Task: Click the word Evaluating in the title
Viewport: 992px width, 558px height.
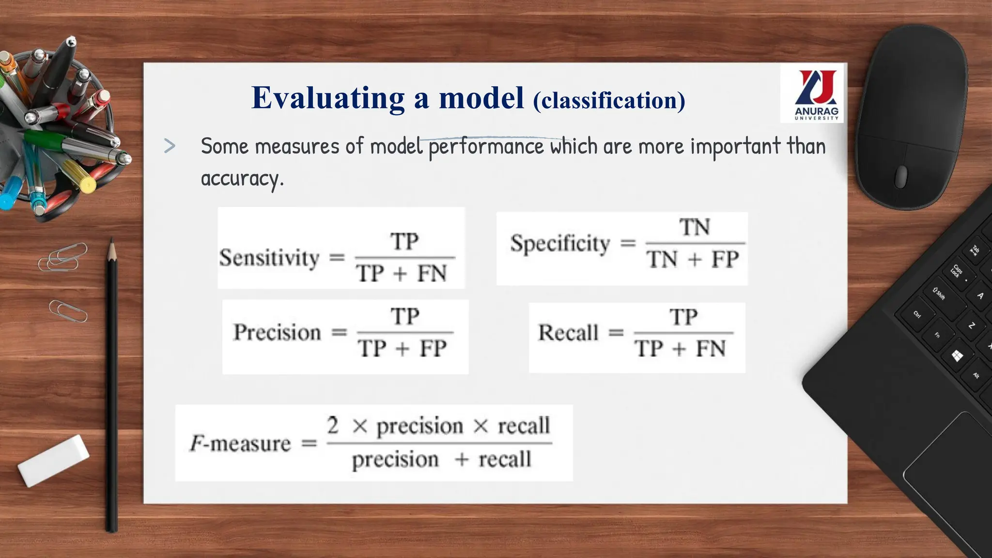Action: pos(328,98)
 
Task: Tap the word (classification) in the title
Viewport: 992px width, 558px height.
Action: pos(609,101)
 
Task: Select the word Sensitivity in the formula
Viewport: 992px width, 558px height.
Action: pos(269,258)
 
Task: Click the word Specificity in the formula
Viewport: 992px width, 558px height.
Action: pos(560,243)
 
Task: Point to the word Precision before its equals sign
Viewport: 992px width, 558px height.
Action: pos(277,333)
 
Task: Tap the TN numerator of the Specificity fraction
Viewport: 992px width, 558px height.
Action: pos(694,227)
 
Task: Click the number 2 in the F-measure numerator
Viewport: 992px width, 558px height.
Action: pos(333,425)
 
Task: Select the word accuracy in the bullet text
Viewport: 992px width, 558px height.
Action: pos(241,179)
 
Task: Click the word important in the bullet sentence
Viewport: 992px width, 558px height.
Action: pos(735,146)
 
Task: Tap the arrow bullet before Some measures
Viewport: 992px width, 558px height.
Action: pos(170,146)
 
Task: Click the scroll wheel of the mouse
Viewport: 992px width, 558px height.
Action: pos(900,176)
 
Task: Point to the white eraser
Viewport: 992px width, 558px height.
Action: pos(53,460)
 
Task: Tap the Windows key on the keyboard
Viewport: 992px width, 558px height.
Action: pos(957,356)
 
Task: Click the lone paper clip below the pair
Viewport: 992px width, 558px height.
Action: pos(68,311)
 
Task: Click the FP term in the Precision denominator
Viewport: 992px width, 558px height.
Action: pos(433,349)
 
